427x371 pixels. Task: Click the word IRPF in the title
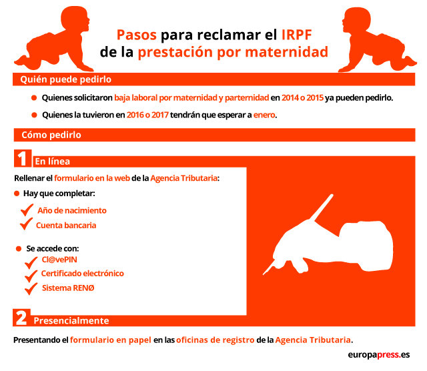coord(296,35)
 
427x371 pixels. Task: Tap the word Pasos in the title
coord(136,35)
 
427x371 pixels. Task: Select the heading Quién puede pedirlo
coord(65,79)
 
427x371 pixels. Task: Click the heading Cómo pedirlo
coord(51,135)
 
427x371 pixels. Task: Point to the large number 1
coord(23,158)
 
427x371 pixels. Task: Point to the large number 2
coord(21,318)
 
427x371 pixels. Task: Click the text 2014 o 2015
coord(302,97)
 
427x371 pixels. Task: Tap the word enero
coord(264,115)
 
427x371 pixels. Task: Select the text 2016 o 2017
coord(147,115)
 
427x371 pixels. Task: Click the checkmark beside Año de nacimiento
coord(27,210)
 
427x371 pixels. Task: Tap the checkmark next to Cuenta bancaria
coord(26,224)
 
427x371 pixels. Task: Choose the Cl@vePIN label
coord(59,260)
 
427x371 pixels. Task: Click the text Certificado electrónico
coord(83,273)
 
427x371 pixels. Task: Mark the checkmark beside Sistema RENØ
coord(31,288)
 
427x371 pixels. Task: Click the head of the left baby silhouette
coord(75,19)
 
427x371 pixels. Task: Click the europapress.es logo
coord(379,355)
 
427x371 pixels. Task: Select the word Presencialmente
coord(71,320)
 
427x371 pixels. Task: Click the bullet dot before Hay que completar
coord(17,194)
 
